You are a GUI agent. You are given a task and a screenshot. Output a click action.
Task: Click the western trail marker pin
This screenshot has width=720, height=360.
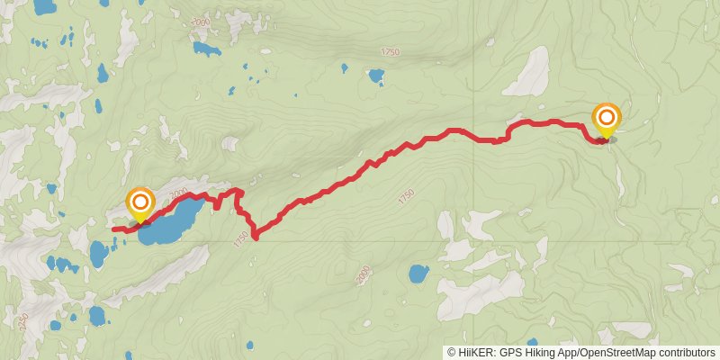(x=140, y=202)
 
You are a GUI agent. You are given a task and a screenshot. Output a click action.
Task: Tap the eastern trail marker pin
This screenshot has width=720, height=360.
(x=607, y=119)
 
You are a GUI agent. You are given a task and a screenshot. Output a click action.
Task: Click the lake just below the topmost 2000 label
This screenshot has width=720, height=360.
(x=206, y=48)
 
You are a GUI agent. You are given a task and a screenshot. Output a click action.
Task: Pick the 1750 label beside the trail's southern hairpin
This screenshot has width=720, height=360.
(x=239, y=238)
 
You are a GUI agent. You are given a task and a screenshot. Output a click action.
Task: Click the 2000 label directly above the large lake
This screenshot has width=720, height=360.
(x=176, y=193)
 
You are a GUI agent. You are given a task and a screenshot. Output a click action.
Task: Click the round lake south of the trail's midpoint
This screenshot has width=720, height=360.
(x=418, y=273)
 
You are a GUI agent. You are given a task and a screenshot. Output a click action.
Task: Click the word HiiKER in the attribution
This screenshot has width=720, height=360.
(x=474, y=352)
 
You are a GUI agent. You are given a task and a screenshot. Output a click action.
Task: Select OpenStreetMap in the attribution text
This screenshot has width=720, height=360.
(x=616, y=352)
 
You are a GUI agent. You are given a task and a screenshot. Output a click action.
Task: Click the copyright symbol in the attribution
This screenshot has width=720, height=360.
(x=452, y=352)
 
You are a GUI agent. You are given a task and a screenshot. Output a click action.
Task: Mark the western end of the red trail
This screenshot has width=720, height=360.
(x=114, y=229)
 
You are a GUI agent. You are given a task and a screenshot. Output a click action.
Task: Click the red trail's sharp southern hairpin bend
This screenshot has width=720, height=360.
(x=256, y=238)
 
